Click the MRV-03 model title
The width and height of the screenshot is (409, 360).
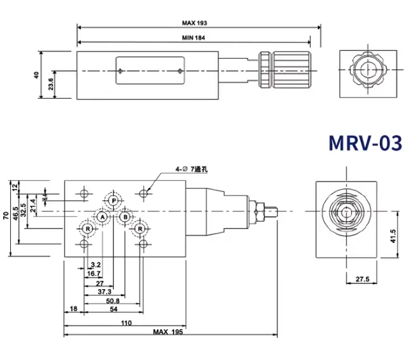[x=365, y=143]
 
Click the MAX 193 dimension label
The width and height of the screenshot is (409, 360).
[x=195, y=23]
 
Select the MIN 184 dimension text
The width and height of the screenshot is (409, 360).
[x=194, y=38]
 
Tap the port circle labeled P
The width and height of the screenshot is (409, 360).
[x=113, y=201]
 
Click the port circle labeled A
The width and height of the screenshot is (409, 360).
[x=101, y=217]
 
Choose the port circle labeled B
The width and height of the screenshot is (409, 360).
[x=125, y=217]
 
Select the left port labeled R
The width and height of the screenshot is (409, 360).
[x=86, y=228]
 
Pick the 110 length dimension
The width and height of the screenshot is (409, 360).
[x=126, y=323]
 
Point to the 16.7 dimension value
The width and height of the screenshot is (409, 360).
[x=94, y=274]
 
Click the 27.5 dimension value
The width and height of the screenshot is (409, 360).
[x=362, y=278]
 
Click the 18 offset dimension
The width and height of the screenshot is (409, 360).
[x=73, y=309]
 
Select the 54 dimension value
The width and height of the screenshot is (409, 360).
[x=114, y=309]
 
